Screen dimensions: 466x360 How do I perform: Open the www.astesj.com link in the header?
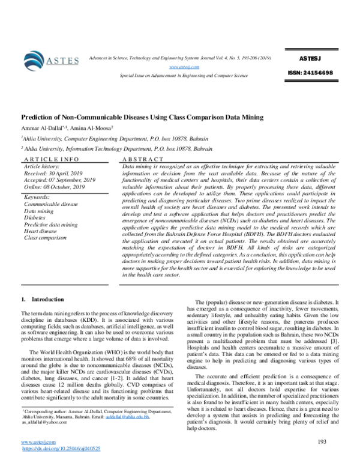point(180,67)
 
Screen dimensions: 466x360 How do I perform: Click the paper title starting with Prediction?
point(142,118)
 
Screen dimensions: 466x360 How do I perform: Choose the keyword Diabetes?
point(36,217)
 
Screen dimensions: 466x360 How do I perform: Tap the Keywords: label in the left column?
point(37,197)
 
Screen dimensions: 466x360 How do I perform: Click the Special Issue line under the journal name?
point(184,77)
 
